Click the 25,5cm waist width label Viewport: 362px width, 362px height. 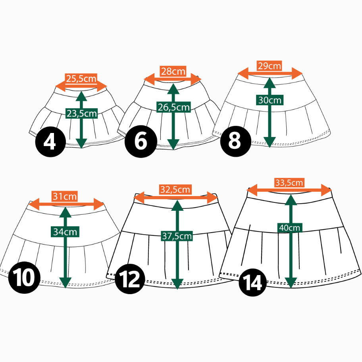(x=81, y=79)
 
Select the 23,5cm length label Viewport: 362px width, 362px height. (x=81, y=114)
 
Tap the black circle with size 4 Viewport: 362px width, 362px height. (x=50, y=142)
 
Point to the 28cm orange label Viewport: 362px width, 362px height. (x=173, y=71)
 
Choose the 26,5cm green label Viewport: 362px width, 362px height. (x=173, y=107)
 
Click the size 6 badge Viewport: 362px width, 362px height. (x=141, y=142)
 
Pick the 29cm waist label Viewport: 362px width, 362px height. (x=270, y=66)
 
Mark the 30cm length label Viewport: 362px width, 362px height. (x=270, y=100)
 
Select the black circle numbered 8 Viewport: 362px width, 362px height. (x=236, y=141)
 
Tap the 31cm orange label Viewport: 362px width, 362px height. (x=64, y=196)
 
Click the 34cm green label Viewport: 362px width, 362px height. (x=65, y=232)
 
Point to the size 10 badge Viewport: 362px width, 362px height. (x=24, y=277)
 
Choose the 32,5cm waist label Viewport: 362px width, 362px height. (x=175, y=190)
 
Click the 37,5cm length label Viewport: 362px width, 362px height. (x=177, y=236)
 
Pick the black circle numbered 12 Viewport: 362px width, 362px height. (x=130, y=279)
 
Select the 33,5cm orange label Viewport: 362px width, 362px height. (x=289, y=183)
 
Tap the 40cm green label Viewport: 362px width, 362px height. (x=290, y=228)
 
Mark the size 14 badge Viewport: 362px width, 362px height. (x=253, y=282)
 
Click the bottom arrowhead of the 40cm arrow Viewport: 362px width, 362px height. (x=291, y=282)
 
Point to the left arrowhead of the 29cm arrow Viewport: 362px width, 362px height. (x=243, y=73)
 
